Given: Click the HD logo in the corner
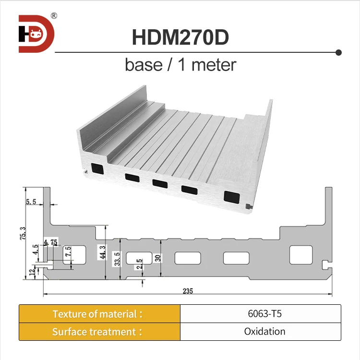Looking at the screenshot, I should coord(36,34).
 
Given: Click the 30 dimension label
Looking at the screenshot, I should coord(158,257).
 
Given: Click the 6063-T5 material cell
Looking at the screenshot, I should coord(260,314).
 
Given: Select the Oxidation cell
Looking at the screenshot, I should coord(260,332).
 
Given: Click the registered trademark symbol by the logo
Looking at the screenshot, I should coord(54,16).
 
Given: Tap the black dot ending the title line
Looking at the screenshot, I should coord(338,52).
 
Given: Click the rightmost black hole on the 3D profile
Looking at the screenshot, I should coord(232,196).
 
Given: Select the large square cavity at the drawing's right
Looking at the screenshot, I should coord(300,254).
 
